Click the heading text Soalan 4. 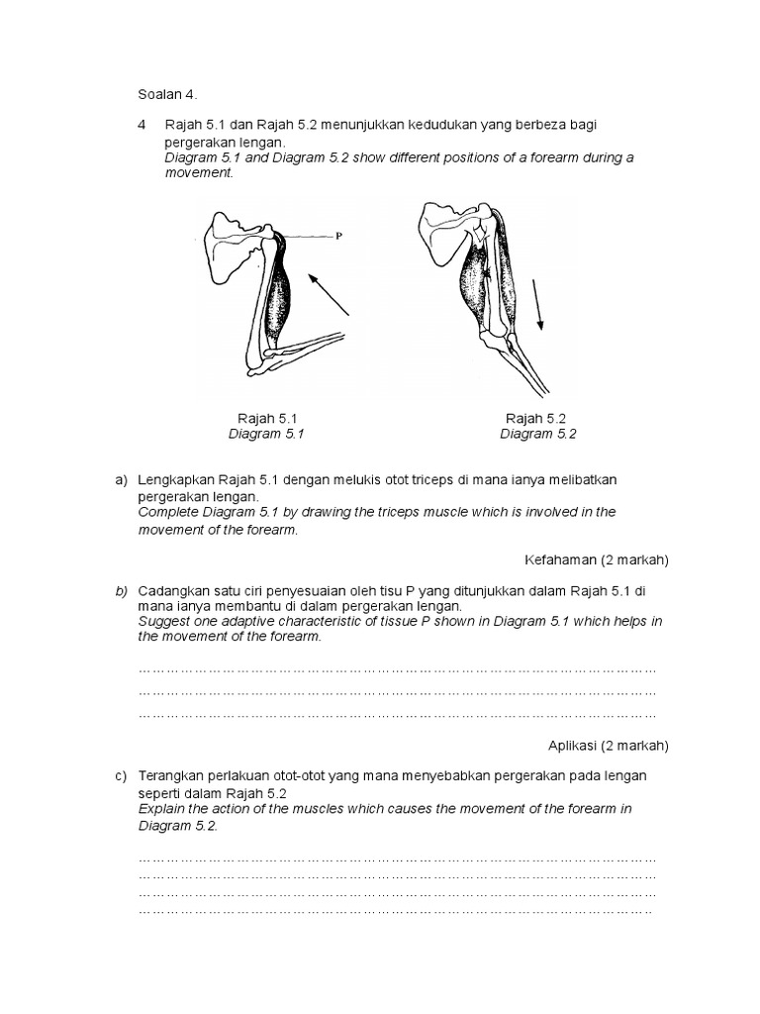[x=167, y=94]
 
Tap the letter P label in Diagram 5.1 [x=338, y=237]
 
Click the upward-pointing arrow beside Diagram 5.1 [x=330, y=294]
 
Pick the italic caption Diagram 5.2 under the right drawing [x=537, y=434]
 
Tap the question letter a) [x=122, y=479]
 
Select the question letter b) [x=122, y=590]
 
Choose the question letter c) [x=122, y=775]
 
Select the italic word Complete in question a [x=167, y=512]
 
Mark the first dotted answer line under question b [x=397, y=670]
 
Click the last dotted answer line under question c [x=396, y=911]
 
